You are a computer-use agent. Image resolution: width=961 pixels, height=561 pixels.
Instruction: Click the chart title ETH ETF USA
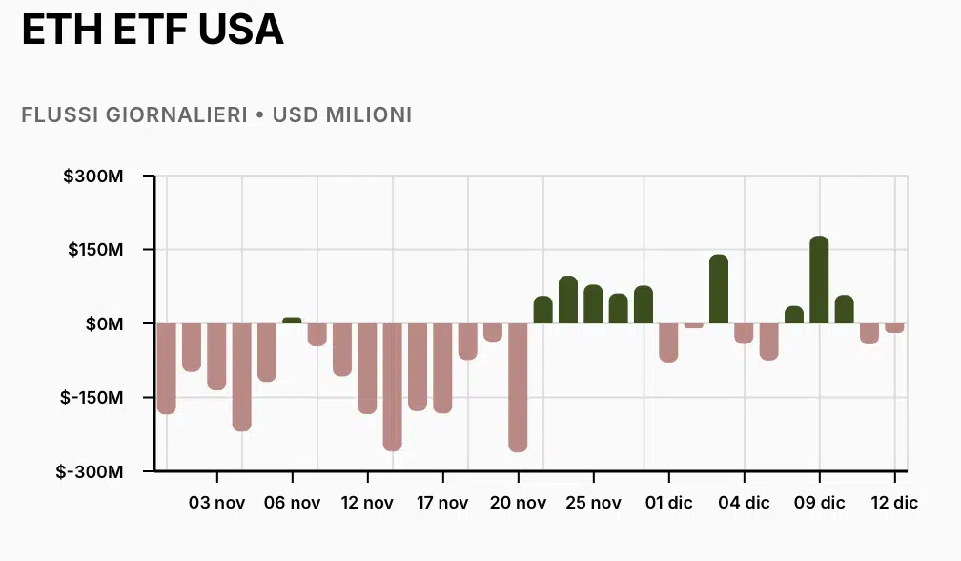[153, 30]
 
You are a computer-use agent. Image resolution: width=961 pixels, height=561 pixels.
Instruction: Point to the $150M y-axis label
[97, 250]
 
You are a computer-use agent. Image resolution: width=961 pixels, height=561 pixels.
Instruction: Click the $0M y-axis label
[105, 324]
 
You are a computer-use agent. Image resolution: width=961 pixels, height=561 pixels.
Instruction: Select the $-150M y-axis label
[93, 398]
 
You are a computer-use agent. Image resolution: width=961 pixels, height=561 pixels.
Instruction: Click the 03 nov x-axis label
[216, 503]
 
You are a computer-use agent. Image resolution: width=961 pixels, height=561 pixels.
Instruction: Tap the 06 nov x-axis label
[292, 503]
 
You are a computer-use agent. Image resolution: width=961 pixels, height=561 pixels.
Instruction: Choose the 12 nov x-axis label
[367, 503]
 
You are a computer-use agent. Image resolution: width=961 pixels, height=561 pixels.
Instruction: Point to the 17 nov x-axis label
[442, 503]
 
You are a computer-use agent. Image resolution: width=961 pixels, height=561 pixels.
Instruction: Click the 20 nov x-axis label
[518, 503]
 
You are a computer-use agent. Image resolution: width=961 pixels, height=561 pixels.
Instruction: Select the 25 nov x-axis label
[593, 503]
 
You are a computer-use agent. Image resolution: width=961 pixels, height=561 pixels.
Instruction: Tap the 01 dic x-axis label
[668, 503]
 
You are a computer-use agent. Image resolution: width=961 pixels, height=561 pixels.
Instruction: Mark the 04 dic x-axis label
[744, 503]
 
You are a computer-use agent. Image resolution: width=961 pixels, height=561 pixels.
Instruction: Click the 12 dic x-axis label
[894, 503]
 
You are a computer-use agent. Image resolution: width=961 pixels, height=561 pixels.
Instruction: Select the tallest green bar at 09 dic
[819, 280]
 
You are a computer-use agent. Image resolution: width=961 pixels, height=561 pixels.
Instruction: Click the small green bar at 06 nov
[292, 321]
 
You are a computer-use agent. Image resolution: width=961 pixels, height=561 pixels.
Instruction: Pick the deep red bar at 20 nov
[518, 386]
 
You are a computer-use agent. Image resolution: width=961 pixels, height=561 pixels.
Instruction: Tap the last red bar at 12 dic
[894, 328]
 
